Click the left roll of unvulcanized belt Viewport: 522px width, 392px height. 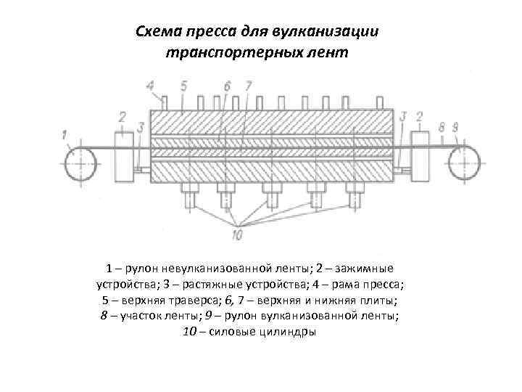[x=80, y=163]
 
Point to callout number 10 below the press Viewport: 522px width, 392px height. [x=237, y=234]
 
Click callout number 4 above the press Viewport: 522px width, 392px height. [x=151, y=86]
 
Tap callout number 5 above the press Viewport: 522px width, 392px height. [x=183, y=86]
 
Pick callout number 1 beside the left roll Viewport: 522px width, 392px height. [x=65, y=134]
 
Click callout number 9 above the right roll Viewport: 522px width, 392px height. [x=455, y=127]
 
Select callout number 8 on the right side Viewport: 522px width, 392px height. [x=442, y=127]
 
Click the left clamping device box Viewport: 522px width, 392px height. [x=125, y=152]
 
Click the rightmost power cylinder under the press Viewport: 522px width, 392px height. [x=355, y=194]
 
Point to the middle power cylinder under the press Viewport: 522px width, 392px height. [x=273, y=194]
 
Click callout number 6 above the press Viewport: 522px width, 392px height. [x=227, y=86]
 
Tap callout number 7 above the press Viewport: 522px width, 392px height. [x=248, y=86]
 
